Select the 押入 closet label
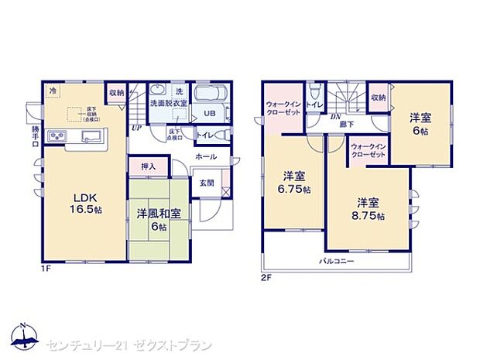coord(149,166)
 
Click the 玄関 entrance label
coord(207,183)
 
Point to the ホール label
coord(206,156)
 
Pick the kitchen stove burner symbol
coord(59,138)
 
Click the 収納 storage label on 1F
coord(116,92)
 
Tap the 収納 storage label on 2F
coord(378,98)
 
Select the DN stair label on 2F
coord(337,117)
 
